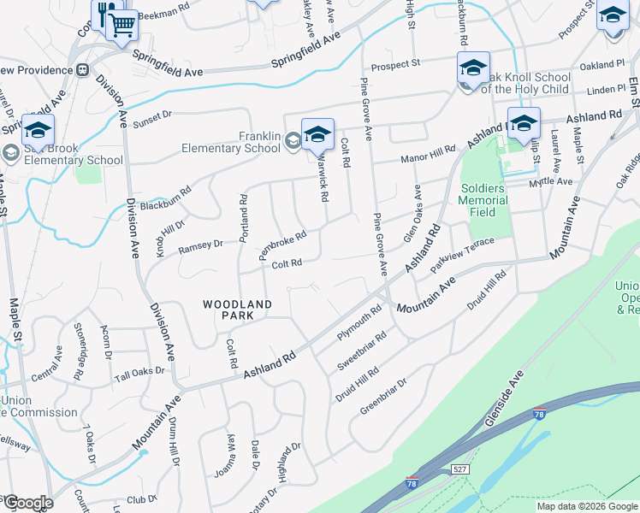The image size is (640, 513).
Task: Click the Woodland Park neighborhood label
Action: (237, 310)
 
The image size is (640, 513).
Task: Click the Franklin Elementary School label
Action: (231, 142)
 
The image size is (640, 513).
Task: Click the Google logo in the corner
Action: (27, 503)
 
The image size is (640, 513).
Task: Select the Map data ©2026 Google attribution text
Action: (587, 506)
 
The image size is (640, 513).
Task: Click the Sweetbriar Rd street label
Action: (362, 351)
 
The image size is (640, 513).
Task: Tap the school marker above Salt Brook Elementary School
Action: (38, 130)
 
